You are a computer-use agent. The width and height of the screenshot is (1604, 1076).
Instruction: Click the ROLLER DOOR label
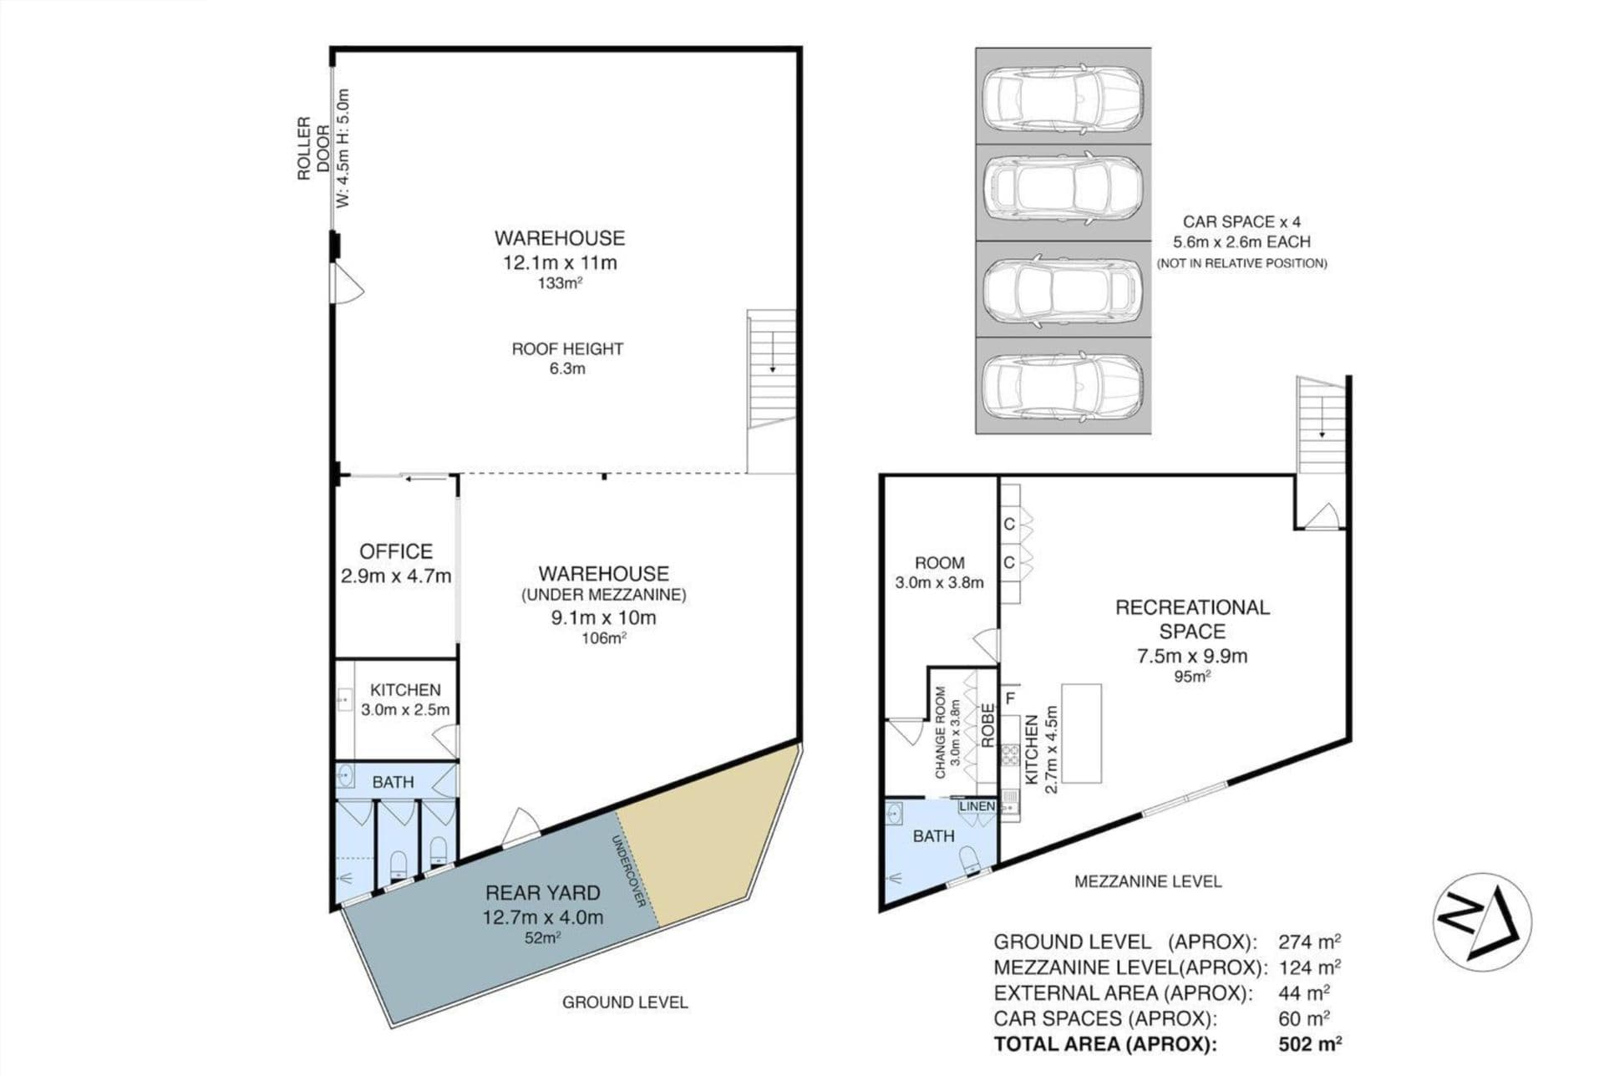(313, 148)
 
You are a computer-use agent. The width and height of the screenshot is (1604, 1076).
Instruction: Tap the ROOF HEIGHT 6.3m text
(567, 358)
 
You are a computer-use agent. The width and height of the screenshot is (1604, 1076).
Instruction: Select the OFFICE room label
(396, 551)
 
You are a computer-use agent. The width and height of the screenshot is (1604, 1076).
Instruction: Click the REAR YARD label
(542, 892)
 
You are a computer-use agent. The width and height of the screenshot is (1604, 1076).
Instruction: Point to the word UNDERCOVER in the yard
(630, 871)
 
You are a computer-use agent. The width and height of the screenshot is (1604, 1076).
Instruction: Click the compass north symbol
(1482, 921)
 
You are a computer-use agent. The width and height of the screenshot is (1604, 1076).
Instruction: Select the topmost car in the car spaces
(1063, 96)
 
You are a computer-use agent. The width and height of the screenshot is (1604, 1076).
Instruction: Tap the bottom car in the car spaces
(1063, 386)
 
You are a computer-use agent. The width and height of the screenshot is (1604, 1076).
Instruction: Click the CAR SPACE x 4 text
(1241, 221)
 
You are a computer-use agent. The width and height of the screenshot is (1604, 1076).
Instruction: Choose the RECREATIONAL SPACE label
(1192, 619)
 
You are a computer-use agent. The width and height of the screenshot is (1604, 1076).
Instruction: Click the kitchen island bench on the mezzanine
(1081, 733)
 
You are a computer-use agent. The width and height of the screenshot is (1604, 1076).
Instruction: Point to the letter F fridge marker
(1010, 698)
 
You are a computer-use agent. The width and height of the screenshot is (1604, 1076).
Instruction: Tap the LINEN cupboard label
(977, 806)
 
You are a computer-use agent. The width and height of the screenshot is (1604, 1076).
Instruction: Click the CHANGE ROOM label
(941, 733)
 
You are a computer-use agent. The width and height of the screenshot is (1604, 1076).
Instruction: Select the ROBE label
(987, 725)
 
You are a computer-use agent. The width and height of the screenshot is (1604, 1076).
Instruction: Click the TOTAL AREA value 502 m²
(1310, 1043)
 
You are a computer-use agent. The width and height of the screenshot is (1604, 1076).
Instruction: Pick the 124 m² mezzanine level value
(1310, 967)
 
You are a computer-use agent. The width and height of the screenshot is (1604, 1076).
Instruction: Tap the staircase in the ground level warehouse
(771, 368)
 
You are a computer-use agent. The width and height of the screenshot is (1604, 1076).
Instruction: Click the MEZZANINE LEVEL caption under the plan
(1148, 881)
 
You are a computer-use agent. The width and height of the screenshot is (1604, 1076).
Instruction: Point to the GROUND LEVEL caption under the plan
(625, 1002)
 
